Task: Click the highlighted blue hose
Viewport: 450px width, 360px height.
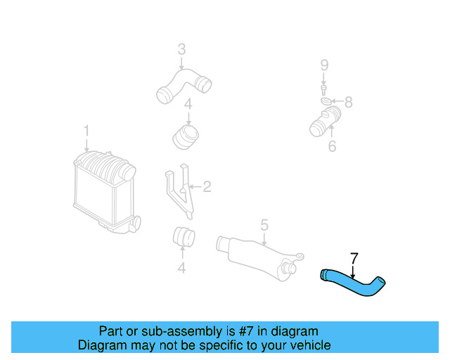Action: (x=354, y=283)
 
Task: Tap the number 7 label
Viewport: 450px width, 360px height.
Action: (x=354, y=258)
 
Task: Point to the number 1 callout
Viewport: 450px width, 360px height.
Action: (x=86, y=131)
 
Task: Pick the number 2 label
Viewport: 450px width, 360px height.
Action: (x=207, y=186)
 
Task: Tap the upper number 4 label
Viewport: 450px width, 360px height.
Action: (x=188, y=105)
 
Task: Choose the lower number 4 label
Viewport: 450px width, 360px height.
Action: (x=182, y=267)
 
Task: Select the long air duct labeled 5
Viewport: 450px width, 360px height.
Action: (x=257, y=254)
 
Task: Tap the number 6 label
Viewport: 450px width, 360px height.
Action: (x=332, y=146)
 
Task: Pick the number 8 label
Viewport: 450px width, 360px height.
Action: (x=347, y=102)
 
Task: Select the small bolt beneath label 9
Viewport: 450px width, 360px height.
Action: (x=323, y=88)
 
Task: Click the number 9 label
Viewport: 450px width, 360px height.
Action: (x=324, y=65)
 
